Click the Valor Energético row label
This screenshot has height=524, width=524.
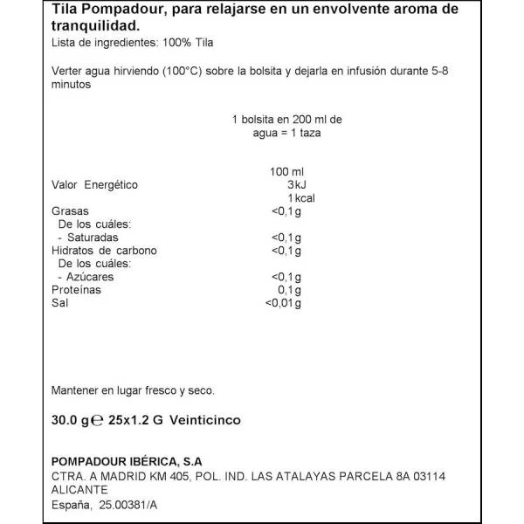(95, 185)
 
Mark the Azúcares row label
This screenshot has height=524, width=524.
(90, 277)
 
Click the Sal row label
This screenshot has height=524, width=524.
(60, 303)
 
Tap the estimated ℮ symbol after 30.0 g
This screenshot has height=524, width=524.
(99, 420)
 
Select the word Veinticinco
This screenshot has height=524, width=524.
(204, 420)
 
